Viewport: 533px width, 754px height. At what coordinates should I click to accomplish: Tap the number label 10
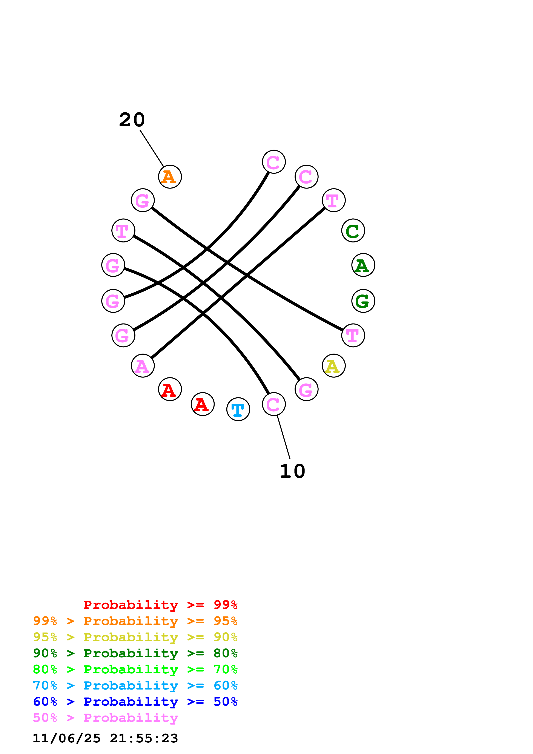(292, 471)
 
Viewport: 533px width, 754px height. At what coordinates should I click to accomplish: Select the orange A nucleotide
(170, 177)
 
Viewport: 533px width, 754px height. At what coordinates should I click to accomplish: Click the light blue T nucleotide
(238, 409)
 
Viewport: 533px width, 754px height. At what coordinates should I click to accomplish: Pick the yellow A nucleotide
(333, 366)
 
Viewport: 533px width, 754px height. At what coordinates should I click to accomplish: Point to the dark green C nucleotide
(353, 231)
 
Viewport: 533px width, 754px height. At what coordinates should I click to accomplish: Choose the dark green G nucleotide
(363, 301)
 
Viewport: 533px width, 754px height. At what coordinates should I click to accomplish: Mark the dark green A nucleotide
(363, 265)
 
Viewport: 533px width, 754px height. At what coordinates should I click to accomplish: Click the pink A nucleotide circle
(143, 366)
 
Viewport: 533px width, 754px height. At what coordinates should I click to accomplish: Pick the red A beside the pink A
(170, 389)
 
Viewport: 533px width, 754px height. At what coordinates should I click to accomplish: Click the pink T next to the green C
(333, 200)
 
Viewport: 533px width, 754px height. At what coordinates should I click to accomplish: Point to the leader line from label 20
(152, 149)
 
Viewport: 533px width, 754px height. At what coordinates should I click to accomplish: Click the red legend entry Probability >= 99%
(160, 605)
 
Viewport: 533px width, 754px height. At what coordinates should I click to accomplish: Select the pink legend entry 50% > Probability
(105, 718)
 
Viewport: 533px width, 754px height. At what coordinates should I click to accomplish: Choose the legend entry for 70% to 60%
(135, 686)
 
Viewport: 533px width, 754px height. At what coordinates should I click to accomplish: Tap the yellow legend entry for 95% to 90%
(135, 637)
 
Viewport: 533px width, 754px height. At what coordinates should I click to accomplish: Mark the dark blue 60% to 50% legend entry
(135, 702)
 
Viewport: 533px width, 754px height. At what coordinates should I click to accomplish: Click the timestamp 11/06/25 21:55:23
(105, 738)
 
